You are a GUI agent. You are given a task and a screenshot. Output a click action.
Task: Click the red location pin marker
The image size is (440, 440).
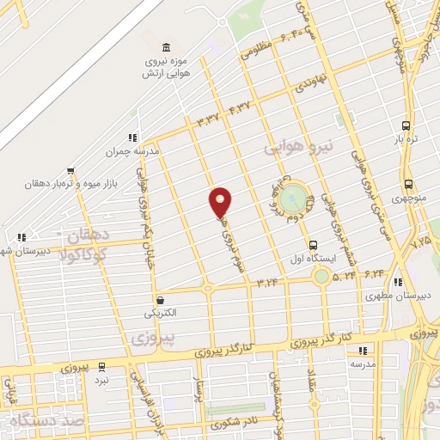pyautogui.click(x=220, y=203)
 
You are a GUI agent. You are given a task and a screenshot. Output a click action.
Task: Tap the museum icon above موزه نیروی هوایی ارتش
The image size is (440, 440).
pyautogui.click(x=166, y=47)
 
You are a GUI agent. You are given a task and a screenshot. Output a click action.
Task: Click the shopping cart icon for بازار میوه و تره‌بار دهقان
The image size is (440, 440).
pyautogui.click(x=71, y=169)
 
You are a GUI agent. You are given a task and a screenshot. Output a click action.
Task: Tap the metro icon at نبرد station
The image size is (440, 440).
pyautogui.click(x=102, y=365)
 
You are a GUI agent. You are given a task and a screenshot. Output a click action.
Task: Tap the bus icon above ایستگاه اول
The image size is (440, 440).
pyautogui.click(x=313, y=244)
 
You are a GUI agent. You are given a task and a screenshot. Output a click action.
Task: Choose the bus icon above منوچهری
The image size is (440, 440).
pyautogui.click(x=407, y=184)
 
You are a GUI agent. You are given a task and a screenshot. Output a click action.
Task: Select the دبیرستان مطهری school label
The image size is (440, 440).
pyautogui.click(x=383, y=296)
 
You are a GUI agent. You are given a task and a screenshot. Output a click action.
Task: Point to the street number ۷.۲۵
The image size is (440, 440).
pyautogui.click(x=421, y=241)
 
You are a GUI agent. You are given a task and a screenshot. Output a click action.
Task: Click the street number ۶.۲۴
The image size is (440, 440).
pyautogui.click(x=375, y=273)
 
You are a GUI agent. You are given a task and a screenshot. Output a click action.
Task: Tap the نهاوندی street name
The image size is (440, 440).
pyautogui.click(x=310, y=87)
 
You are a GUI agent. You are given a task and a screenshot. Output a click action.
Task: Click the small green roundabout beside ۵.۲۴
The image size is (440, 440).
pyautogui.click(x=321, y=276)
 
